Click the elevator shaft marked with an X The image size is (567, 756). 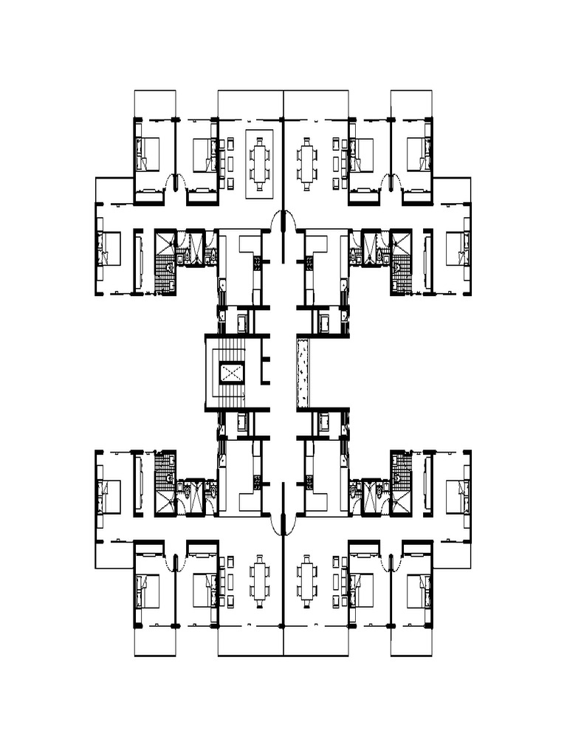pos(231,373)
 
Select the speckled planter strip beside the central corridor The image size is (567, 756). pos(303,373)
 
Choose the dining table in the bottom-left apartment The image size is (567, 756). pos(259,581)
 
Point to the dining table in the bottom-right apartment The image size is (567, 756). pos(308,581)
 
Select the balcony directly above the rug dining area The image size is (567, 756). pos(251,104)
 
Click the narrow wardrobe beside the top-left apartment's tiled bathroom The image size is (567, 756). pos(138,262)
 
